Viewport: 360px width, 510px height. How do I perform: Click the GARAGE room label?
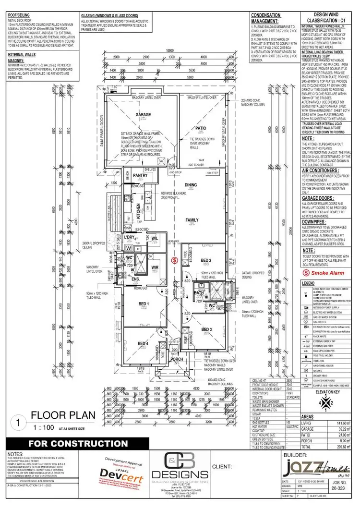click(x=143, y=115)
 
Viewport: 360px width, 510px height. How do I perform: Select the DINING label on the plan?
click(x=192, y=184)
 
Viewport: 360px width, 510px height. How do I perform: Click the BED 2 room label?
click(x=206, y=261)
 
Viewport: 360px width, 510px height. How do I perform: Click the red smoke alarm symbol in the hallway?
click(x=174, y=260)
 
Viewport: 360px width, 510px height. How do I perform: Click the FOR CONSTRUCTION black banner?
click(x=78, y=443)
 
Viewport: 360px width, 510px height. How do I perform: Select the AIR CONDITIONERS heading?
click(x=321, y=170)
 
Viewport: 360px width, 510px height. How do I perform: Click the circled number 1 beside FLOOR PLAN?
click(x=18, y=422)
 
